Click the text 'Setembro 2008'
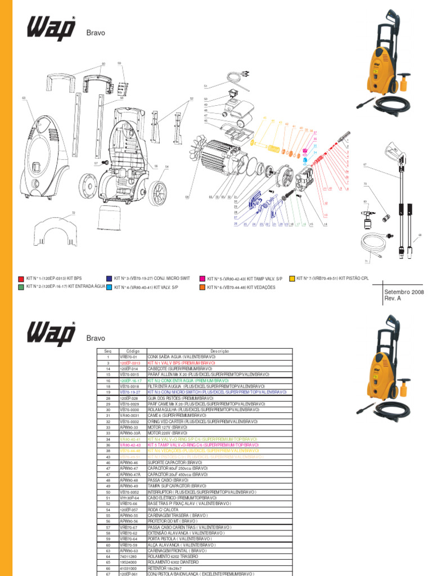tap(404, 292)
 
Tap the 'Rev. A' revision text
tap(393, 299)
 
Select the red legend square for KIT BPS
tap(21, 278)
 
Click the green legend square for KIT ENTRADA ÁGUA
tap(21, 286)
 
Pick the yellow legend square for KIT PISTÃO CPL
tap(292, 278)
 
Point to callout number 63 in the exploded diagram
tap(24, 98)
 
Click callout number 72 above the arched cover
tap(73, 213)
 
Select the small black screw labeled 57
tap(104, 163)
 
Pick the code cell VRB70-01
tap(128, 357)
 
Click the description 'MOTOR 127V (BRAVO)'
tap(172, 427)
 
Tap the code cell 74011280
tap(129, 556)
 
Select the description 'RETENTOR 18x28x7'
tap(168, 568)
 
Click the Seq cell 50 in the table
tap(108, 492)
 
